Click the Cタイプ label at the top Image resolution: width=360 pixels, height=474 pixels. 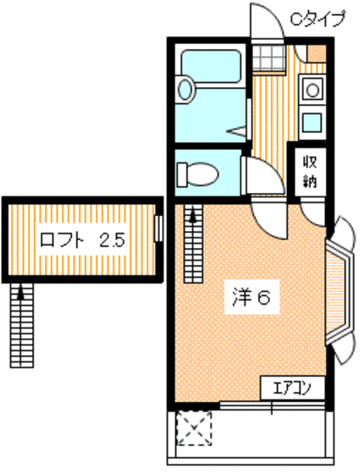[318, 18]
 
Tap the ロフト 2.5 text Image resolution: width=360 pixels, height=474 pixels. [82, 240]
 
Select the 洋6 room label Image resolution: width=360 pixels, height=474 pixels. [251, 297]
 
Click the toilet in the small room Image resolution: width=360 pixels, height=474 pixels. [197, 175]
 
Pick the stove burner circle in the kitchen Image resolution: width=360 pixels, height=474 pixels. [312, 87]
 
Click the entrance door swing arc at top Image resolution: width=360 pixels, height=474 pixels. [269, 25]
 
